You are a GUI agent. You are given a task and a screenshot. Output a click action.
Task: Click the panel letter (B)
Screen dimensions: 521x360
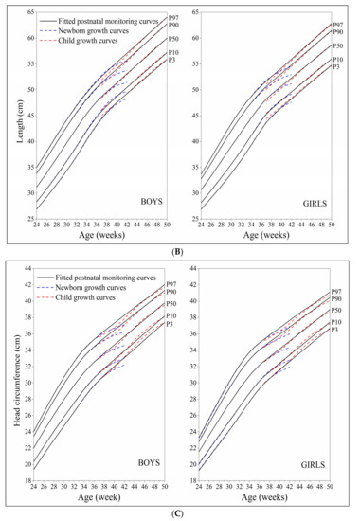(x=181, y=252)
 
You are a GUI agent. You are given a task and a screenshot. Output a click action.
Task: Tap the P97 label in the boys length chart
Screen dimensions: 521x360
(x=173, y=18)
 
